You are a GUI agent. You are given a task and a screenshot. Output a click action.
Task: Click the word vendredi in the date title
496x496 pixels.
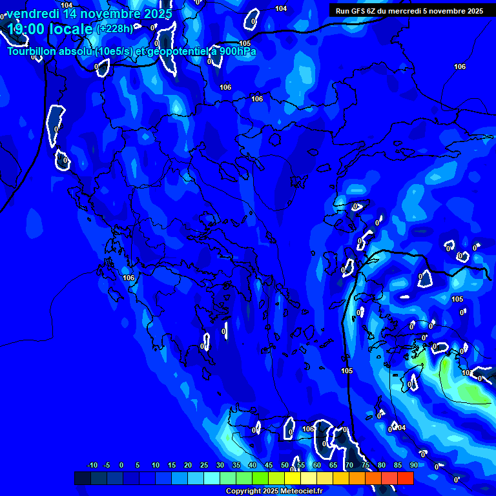[x=32, y=14]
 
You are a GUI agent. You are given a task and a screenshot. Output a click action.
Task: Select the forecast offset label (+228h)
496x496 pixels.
[x=115, y=28]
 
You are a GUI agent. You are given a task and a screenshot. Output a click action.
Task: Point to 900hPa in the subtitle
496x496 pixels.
[x=234, y=52]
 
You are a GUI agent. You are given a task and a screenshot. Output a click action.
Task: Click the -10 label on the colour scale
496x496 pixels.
[x=92, y=465]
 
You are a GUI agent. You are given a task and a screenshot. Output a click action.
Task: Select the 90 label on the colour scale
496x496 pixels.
[x=413, y=465]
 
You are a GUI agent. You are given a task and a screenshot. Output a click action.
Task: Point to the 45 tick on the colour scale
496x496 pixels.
[x=269, y=465]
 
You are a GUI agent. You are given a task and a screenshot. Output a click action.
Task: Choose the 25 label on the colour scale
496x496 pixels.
[x=204, y=465]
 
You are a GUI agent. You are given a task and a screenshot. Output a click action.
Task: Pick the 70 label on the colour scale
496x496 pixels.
[x=349, y=465]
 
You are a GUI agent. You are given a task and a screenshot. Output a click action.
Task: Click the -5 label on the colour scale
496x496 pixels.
[x=107, y=465]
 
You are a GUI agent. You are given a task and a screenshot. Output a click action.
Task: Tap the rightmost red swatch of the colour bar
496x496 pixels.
[x=405, y=478]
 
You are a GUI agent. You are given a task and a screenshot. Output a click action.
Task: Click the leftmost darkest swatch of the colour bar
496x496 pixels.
[x=83, y=478]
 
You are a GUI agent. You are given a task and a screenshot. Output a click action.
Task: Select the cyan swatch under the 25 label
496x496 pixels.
[x=212, y=478]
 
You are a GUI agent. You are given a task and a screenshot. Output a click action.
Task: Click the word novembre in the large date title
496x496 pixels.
[x=110, y=14]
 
